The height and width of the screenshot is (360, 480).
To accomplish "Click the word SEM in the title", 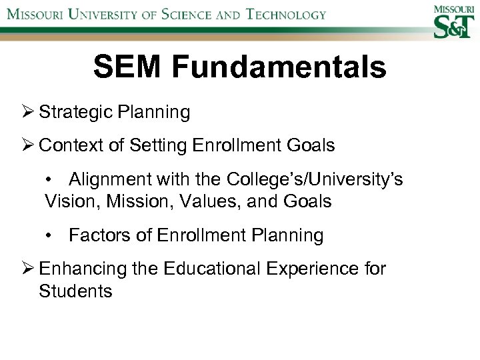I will pos(124,67).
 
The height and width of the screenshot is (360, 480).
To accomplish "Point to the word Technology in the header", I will pos(287,15).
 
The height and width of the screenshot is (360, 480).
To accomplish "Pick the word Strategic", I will pos(76,112).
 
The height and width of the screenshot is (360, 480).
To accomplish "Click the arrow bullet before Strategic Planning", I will pos(29,112).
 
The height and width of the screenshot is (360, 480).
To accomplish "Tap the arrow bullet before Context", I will pos(29,145).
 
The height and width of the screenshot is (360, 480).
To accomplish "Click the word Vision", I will pos(69,201).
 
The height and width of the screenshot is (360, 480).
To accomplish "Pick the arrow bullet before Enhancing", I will pos(29,269).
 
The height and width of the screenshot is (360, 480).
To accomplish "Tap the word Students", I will pos(76,291).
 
